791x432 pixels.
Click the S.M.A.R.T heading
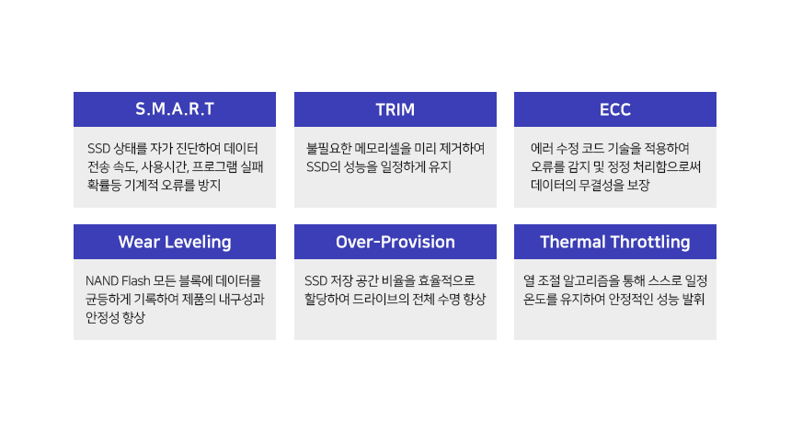click(x=175, y=108)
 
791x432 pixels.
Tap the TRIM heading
click(x=395, y=109)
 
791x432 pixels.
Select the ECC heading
click(x=615, y=109)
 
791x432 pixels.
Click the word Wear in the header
click(x=139, y=242)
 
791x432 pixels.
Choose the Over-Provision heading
click(x=395, y=242)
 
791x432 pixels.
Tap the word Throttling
click(x=649, y=243)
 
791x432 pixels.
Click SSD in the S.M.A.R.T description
click(x=99, y=149)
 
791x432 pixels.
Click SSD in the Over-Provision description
click(x=315, y=280)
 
